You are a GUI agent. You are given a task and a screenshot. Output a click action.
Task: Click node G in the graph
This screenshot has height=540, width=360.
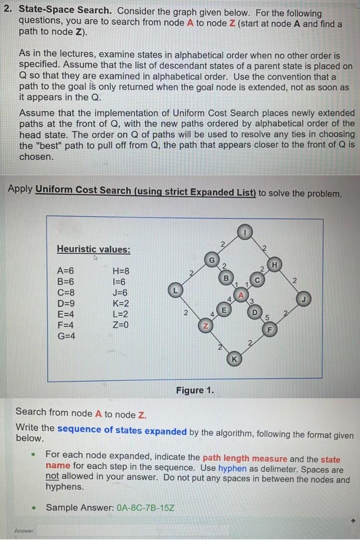[x=211, y=261]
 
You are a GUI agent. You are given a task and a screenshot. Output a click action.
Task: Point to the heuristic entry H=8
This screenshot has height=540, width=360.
[x=120, y=271]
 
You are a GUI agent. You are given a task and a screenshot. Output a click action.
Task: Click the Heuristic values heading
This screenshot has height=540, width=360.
[x=94, y=249]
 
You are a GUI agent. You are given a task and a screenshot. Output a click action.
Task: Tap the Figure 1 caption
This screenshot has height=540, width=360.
[x=195, y=390]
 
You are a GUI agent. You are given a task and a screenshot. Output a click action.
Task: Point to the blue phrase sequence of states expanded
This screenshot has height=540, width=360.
[x=122, y=431]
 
